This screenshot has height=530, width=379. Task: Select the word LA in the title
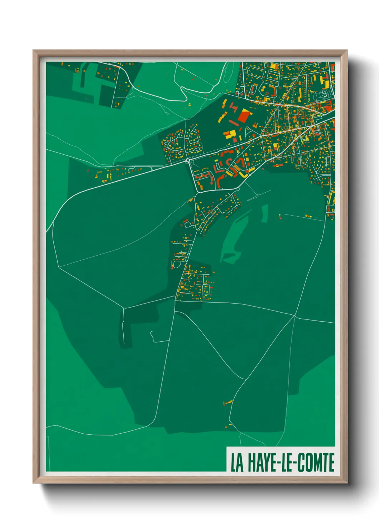click(x=237, y=463)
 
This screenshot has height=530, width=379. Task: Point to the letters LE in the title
click(x=288, y=463)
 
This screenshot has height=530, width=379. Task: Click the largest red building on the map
click(x=245, y=116)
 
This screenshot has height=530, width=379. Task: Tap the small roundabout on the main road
click(x=188, y=161)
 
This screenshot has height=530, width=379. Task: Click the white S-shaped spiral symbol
click(x=324, y=94)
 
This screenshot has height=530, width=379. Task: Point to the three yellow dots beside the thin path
click(x=308, y=216)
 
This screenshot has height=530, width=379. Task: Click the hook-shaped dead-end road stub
click(x=153, y=337)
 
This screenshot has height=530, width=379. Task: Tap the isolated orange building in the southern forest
click(x=227, y=403)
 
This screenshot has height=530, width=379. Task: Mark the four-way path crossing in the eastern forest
click(x=294, y=316)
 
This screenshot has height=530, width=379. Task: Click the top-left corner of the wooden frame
click(x=34, y=51)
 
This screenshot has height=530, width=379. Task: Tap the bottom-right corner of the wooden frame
click(x=346, y=483)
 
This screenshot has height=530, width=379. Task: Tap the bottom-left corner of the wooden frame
click(x=34, y=483)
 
